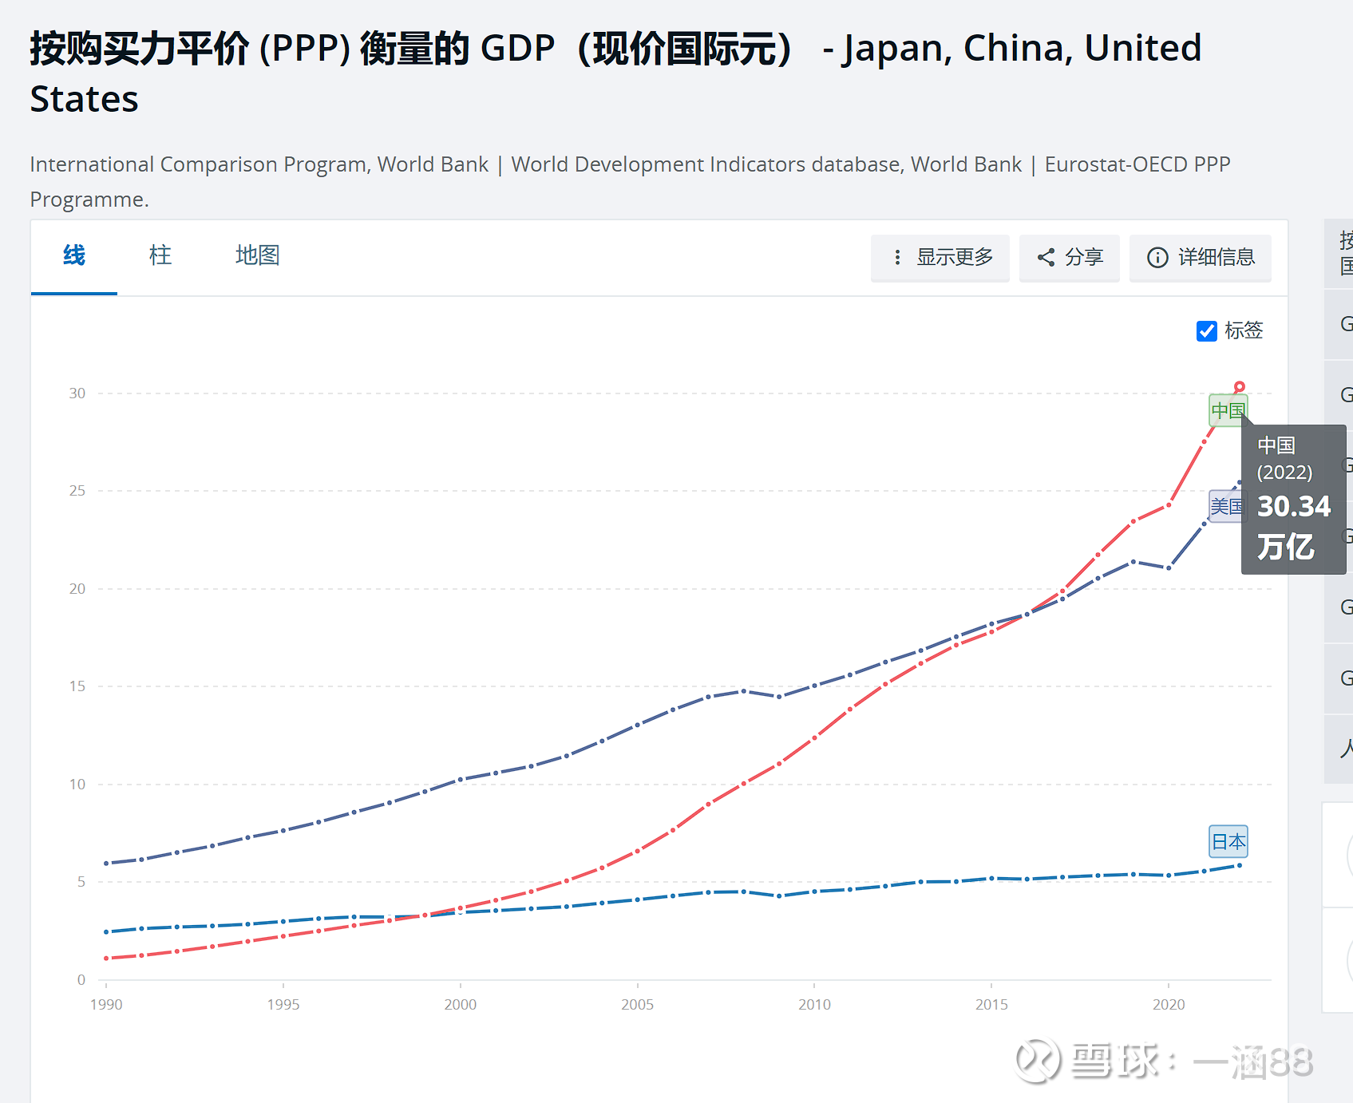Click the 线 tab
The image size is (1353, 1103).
click(74, 255)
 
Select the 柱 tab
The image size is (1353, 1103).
click(160, 255)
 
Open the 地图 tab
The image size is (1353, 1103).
click(257, 255)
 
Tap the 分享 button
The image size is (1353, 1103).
click(1070, 257)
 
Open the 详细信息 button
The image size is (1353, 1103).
click(1201, 257)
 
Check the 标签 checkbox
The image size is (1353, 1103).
click(1207, 330)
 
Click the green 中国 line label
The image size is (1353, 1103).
click(1227, 410)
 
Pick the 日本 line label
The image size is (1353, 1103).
click(1228, 841)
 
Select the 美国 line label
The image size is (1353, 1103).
click(1226, 506)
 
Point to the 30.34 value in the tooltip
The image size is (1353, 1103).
click(1294, 506)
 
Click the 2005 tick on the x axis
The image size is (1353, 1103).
click(637, 1004)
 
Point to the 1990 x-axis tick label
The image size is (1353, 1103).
click(106, 1004)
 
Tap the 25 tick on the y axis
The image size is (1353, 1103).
click(77, 491)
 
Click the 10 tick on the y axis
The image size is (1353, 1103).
click(77, 784)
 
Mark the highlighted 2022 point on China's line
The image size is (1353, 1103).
click(1240, 387)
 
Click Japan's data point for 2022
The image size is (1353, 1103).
click(1240, 865)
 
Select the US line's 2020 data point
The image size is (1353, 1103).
click(1169, 567)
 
